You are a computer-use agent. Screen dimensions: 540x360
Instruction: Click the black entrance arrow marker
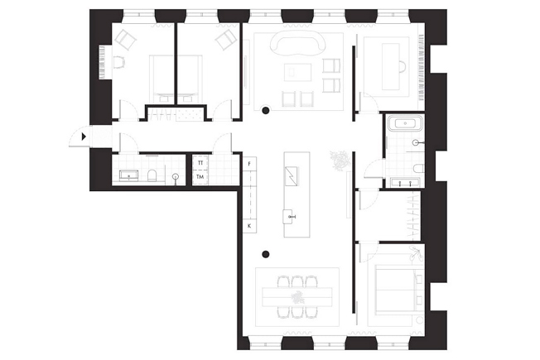coord(84,137)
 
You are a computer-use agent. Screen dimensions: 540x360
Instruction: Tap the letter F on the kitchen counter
coord(249,164)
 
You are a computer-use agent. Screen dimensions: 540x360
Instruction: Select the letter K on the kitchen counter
coord(249,226)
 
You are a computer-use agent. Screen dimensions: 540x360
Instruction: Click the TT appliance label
coord(200,163)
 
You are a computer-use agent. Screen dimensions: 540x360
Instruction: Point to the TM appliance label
coord(200,177)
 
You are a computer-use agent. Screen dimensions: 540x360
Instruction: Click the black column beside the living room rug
coord(265,110)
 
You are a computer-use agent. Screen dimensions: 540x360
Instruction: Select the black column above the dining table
coord(265,254)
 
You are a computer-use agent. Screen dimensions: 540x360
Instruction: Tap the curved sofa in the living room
coord(298,44)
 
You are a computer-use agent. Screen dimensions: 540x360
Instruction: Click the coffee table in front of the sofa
coord(297,72)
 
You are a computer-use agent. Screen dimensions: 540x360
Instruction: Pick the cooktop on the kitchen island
coord(292,176)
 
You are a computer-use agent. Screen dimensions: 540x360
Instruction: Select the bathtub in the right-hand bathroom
coord(405,123)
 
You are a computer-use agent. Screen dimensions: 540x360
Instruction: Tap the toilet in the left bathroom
coord(152,175)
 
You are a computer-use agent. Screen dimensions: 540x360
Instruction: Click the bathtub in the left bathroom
coord(129,175)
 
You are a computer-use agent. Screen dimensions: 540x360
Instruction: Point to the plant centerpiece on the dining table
coord(297,296)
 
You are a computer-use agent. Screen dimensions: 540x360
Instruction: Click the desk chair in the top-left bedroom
coord(118,63)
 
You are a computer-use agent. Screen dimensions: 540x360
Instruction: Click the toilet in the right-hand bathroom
coord(418,168)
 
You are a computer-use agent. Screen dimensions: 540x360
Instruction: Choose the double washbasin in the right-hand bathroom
coord(405,183)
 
